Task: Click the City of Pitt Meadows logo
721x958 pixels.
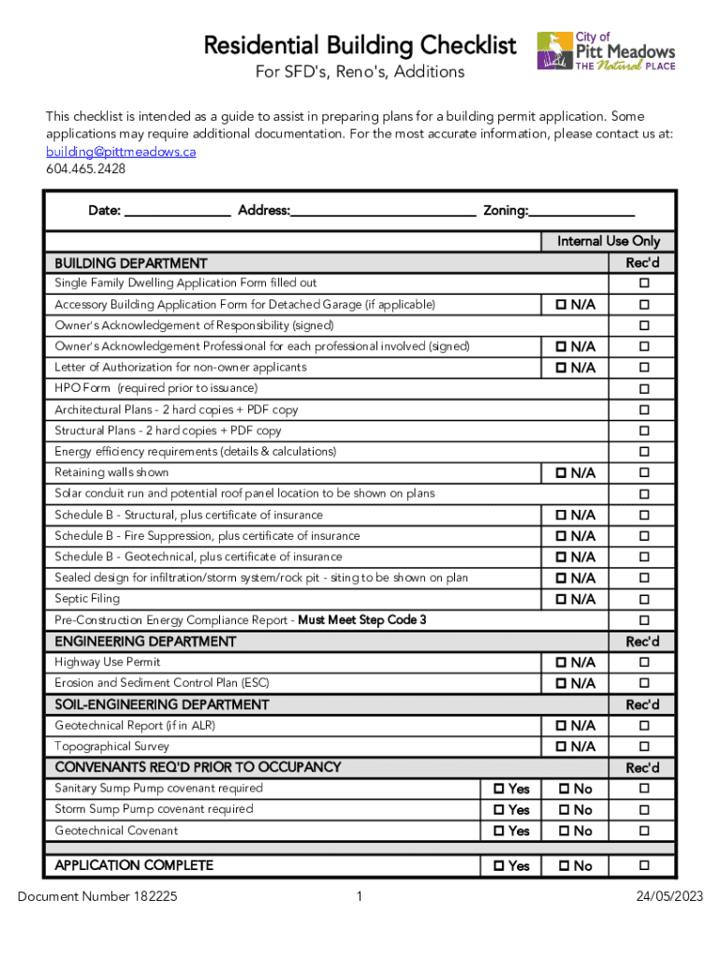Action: [605, 51]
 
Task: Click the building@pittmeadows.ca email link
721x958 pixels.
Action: [121, 152]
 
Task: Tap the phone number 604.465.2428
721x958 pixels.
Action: [85, 169]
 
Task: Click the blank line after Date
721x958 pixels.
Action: [178, 211]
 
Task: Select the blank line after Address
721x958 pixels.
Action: [383, 211]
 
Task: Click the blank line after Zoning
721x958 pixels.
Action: [582, 211]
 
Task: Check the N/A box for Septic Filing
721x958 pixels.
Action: [561, 600]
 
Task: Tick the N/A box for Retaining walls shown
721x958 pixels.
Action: [561, 473]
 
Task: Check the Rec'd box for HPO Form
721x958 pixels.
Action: [643, 389]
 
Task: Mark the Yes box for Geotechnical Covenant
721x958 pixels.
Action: [499, 831]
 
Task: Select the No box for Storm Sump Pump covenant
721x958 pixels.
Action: [563, 810]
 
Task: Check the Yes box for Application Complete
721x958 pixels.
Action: [499, 866]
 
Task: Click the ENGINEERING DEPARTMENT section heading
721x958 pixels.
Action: [145, 642]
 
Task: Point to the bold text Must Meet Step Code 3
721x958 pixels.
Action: [362, 620]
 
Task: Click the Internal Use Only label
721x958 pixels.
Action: [609, 241]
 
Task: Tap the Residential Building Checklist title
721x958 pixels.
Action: [360, 45]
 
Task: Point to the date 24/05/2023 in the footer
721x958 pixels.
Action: [669, 897]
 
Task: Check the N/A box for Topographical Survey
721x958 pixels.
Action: [561, 747]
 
